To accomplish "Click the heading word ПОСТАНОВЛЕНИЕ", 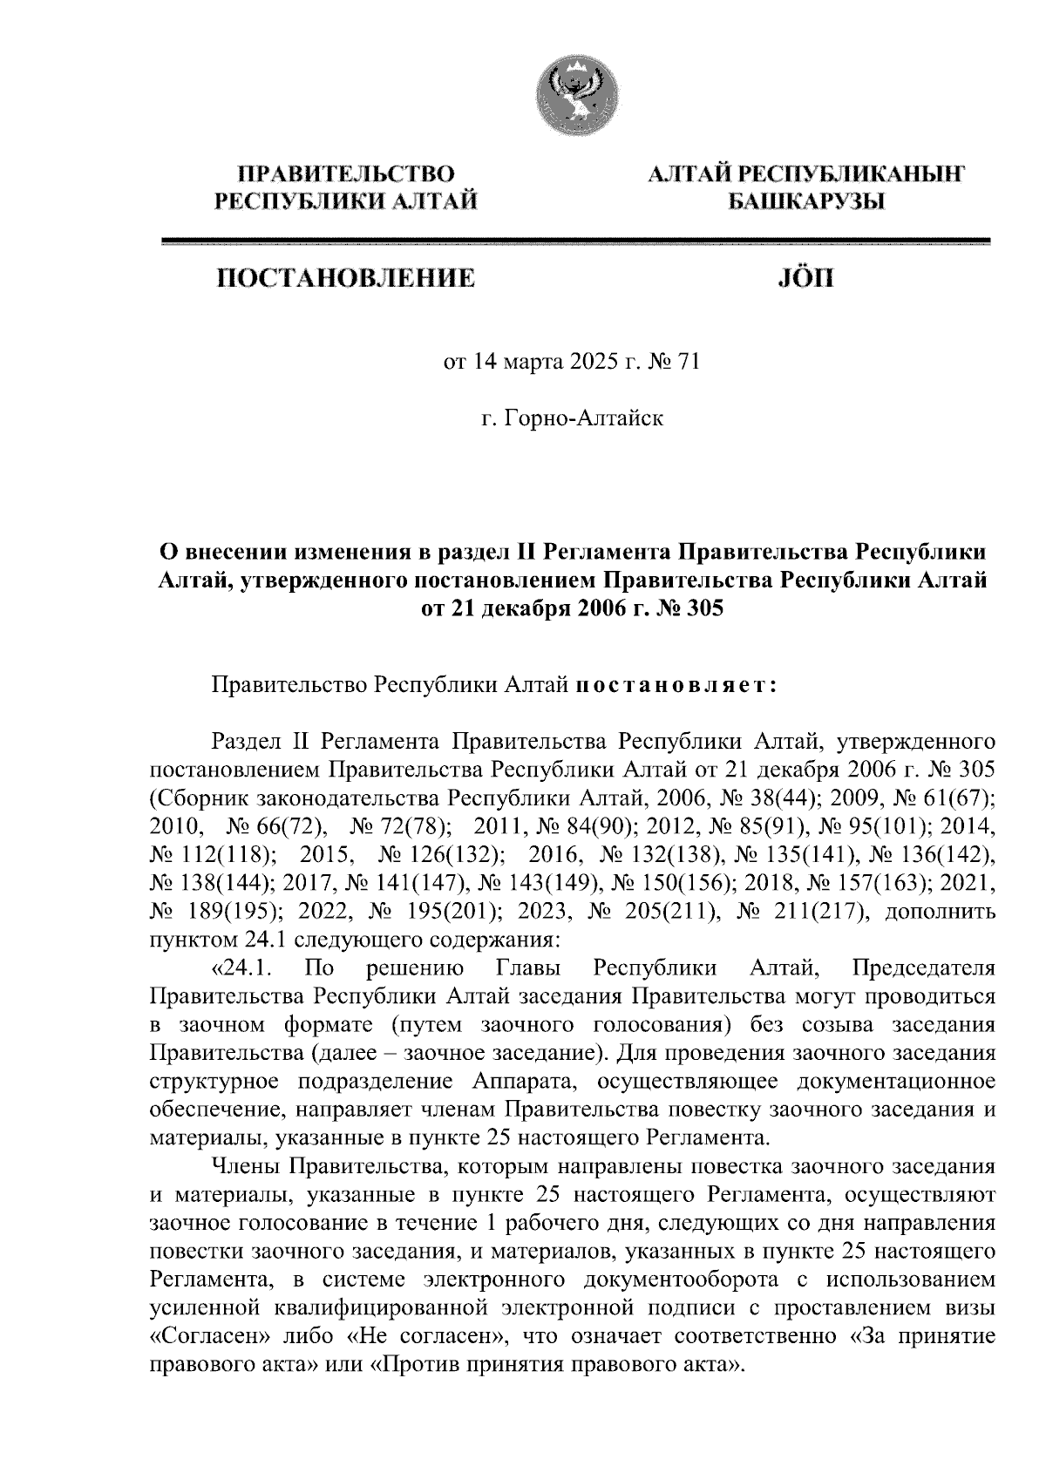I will coord(346,279).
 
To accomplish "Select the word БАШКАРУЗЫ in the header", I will coord(806,203).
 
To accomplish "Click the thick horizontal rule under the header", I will coord(576,241).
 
